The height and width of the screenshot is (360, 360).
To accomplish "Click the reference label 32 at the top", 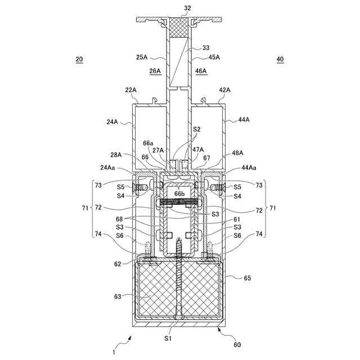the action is coord(187,8).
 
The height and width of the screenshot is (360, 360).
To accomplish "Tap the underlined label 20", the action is coord(79,59).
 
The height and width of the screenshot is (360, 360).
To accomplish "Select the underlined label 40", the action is coord(280,59).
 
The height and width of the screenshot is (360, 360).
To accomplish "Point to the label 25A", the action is coord(142,57).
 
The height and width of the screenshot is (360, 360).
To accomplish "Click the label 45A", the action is coord(214,57).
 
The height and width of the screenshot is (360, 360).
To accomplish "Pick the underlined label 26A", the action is coord(155,71).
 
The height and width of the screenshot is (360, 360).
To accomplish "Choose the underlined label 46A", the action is coord(201,71).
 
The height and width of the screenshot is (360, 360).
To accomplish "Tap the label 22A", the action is coord(130,90).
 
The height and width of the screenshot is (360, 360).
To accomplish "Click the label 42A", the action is coord(224,90).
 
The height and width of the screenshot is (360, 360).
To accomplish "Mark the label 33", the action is coord(206,48).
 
